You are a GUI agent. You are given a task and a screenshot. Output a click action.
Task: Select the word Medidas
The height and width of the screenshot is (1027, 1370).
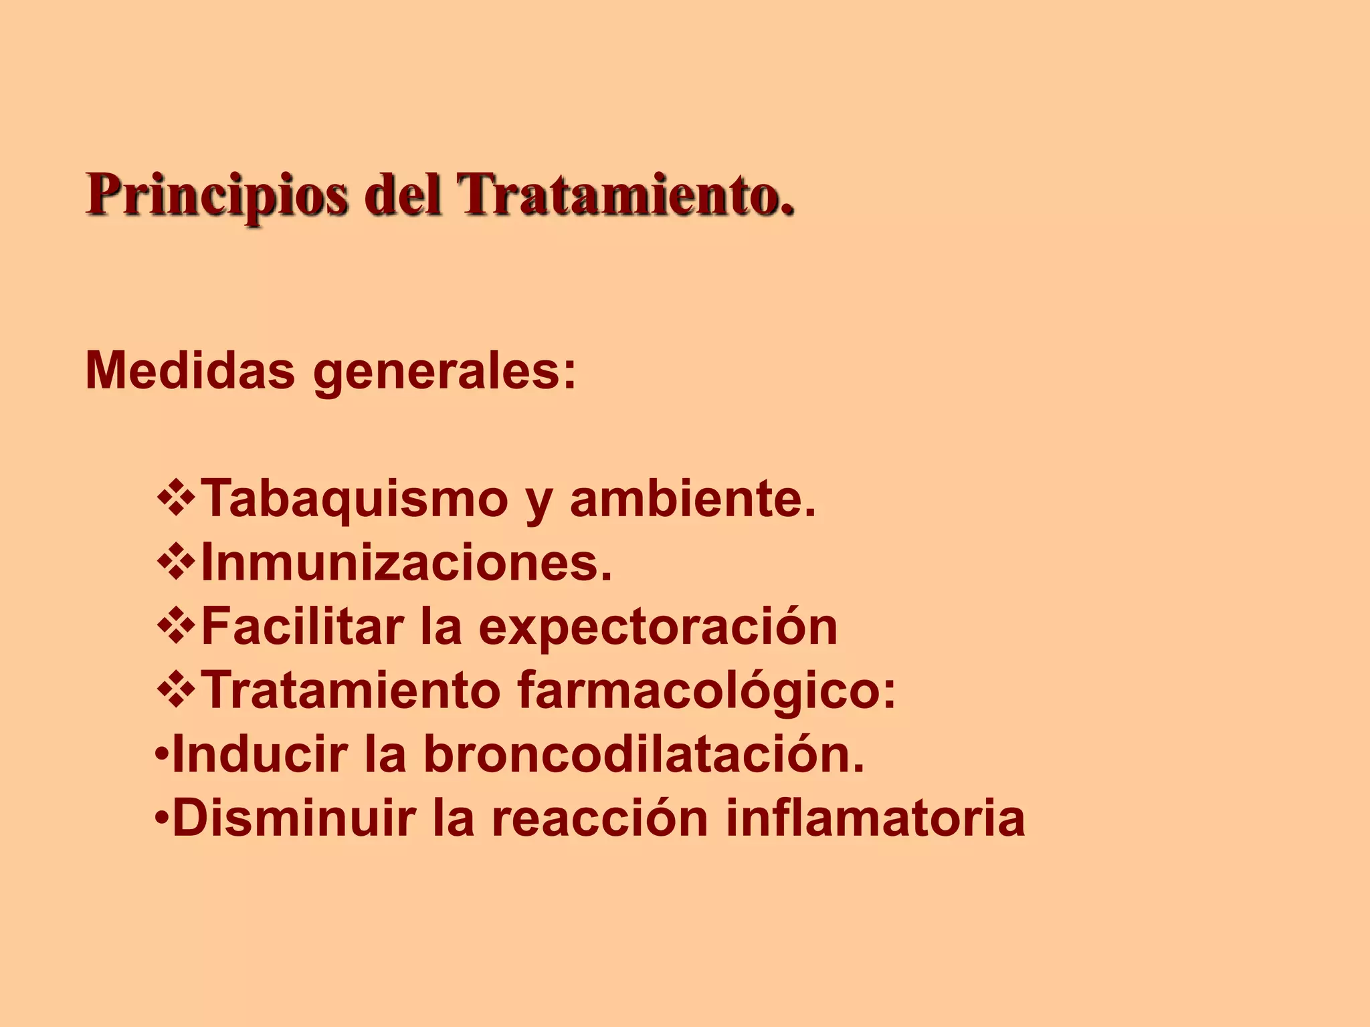[190, 370]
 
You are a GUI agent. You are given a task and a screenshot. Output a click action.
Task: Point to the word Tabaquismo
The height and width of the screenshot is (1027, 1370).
[355, 499]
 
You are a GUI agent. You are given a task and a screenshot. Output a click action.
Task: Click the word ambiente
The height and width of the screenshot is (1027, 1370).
[692, 498]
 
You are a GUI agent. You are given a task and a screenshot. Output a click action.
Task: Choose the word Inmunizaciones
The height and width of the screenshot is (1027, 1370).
[407, 562]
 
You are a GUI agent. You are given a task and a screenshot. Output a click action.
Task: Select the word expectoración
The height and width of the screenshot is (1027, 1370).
[658, 628]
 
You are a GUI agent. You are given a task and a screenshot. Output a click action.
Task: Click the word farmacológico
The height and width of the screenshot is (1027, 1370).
[706, 691]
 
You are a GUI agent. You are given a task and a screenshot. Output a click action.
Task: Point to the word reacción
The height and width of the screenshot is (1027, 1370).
[600, 818]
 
